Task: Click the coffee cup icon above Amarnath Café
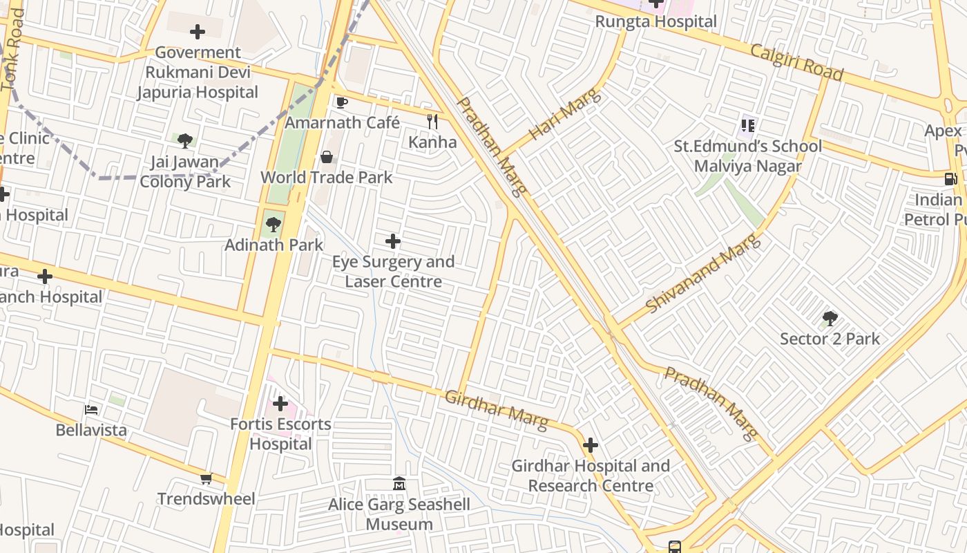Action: [341, 103]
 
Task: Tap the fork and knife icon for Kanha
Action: [432, 122]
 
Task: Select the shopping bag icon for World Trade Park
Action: [327, 158]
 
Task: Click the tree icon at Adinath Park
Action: [274, 224]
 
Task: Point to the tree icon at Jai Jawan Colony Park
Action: [184, 141]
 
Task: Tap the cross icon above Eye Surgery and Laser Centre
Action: [392, 241]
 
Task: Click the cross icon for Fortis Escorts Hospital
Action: [280, 404]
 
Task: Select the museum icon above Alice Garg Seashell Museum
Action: [399, 483]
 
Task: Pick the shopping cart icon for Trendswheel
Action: [206, 478]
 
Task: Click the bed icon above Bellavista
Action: [91, 409]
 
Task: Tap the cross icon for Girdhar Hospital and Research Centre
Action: [591, 445]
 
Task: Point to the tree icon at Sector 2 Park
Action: [830, 319]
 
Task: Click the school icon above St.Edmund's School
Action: [747, 126]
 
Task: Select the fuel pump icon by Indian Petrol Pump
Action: [950, 178]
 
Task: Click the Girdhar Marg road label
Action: [496, 409]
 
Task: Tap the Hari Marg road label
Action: [565, 114]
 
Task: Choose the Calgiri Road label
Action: [797, 62]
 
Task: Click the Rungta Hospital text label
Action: [656, 21]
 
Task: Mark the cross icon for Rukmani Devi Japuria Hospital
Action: [198, 32]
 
